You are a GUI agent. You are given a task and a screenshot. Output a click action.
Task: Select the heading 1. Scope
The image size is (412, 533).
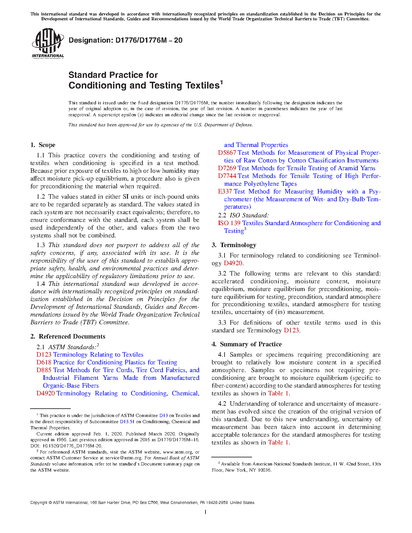pos(43,145)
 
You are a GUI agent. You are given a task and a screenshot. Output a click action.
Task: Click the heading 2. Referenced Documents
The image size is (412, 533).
pos(68,337)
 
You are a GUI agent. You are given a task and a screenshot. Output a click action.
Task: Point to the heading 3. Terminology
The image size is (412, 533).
pos(234,245)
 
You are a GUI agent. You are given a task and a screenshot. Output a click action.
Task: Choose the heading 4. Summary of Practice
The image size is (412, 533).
pos(247,344)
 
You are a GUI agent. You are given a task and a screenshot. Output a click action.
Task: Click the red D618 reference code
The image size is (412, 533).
pos(44,362)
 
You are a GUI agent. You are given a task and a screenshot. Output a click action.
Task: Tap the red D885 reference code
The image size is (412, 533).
pos(44,370)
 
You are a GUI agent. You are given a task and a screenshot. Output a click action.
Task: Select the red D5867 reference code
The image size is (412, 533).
pos(227,153)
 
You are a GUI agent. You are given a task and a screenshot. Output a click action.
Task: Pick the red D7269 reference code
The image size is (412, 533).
pos(227,168)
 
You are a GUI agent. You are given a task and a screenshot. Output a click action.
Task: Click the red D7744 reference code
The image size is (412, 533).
pos(227,176)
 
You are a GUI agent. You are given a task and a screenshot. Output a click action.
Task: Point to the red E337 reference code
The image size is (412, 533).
pos(225,192)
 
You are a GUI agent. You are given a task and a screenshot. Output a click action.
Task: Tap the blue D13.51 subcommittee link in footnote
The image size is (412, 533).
pos(127,422)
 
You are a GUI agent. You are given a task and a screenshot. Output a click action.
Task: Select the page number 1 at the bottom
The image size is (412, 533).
pos(206,512)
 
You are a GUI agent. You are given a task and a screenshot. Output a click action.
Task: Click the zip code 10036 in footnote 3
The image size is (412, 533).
pos(265,470)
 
